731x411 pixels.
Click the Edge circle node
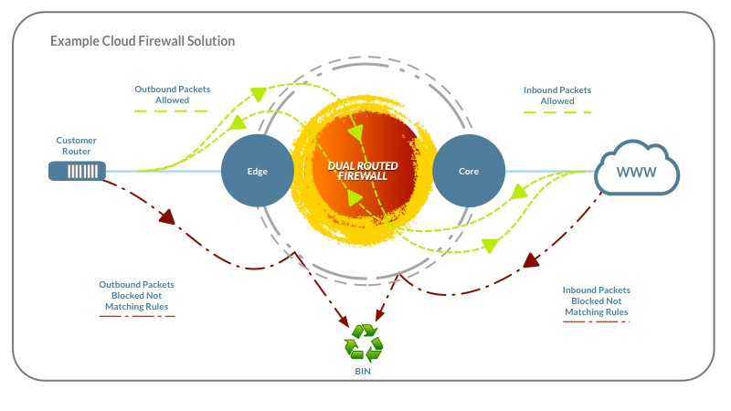coord(258,171)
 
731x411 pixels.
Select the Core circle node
coord(469,171)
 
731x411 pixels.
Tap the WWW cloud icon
coord(637,168)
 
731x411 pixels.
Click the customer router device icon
coord(77,171)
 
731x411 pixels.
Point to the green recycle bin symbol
coord(364,343)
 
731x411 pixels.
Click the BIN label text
coord(363,372)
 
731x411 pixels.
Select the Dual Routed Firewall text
coord(363,171)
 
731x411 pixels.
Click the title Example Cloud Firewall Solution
coord(143,41)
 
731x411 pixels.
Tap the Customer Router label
coord(77,145)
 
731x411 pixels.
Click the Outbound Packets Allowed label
coord(172,94)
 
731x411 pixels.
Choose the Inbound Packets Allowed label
coord(557,95)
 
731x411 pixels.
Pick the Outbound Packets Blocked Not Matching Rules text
coord(136,295)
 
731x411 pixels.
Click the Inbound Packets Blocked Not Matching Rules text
coord(597,301)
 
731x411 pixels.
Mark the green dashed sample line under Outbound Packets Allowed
coord(171,111)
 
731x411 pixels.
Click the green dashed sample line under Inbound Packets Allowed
coord(557,112)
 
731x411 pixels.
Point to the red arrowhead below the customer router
coord(167,216)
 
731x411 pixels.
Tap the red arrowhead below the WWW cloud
coord(531,260)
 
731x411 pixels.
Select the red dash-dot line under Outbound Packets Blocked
coord(137,316)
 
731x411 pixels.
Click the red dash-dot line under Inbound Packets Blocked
coord(597,321)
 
